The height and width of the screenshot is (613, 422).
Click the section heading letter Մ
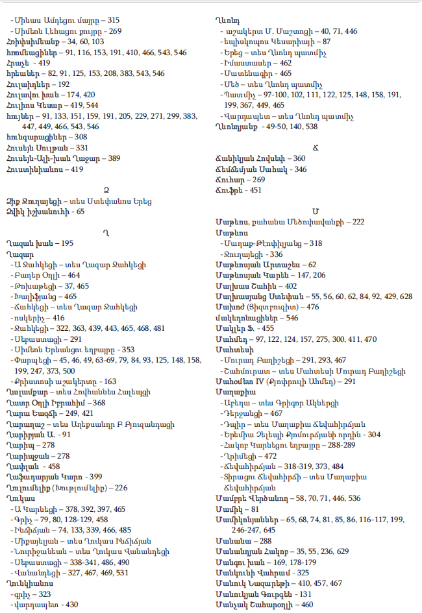[x=316, y=211]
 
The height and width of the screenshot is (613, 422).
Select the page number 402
[x=290, y=285]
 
